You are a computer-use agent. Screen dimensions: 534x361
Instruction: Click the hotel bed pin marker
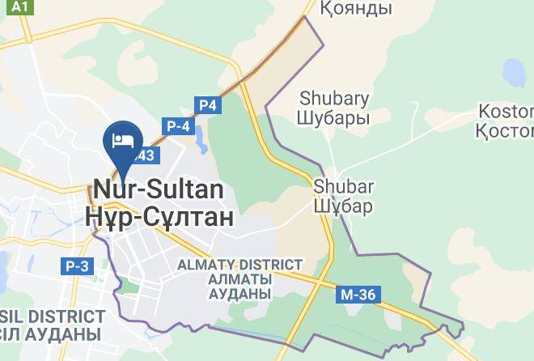pos(123,139)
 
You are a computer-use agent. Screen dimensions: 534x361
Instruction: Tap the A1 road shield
pos(21,7)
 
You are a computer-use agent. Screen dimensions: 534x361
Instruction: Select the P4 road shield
pos(208,104)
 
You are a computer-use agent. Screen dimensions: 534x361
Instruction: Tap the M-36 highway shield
pos(358,295)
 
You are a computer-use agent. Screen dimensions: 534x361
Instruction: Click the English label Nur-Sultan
pos(159,189)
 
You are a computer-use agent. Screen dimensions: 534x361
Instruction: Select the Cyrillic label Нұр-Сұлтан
pos(159,216)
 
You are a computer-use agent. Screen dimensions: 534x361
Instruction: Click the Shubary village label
pos(334,99)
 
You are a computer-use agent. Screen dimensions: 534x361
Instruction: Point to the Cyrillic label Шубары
pos(334,118)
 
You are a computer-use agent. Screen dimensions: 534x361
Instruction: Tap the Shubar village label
pos(344,187)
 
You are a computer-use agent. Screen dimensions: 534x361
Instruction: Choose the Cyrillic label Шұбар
pos(344,206)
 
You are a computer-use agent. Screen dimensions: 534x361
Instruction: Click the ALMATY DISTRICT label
pos(239,265)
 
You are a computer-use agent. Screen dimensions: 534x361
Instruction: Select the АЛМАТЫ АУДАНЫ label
pos(239,286)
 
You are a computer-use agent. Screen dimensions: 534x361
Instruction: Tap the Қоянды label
pos(356,9)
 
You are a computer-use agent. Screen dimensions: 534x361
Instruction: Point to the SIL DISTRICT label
pos(53,316)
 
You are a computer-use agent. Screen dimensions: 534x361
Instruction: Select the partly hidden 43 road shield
pos(148,155)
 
